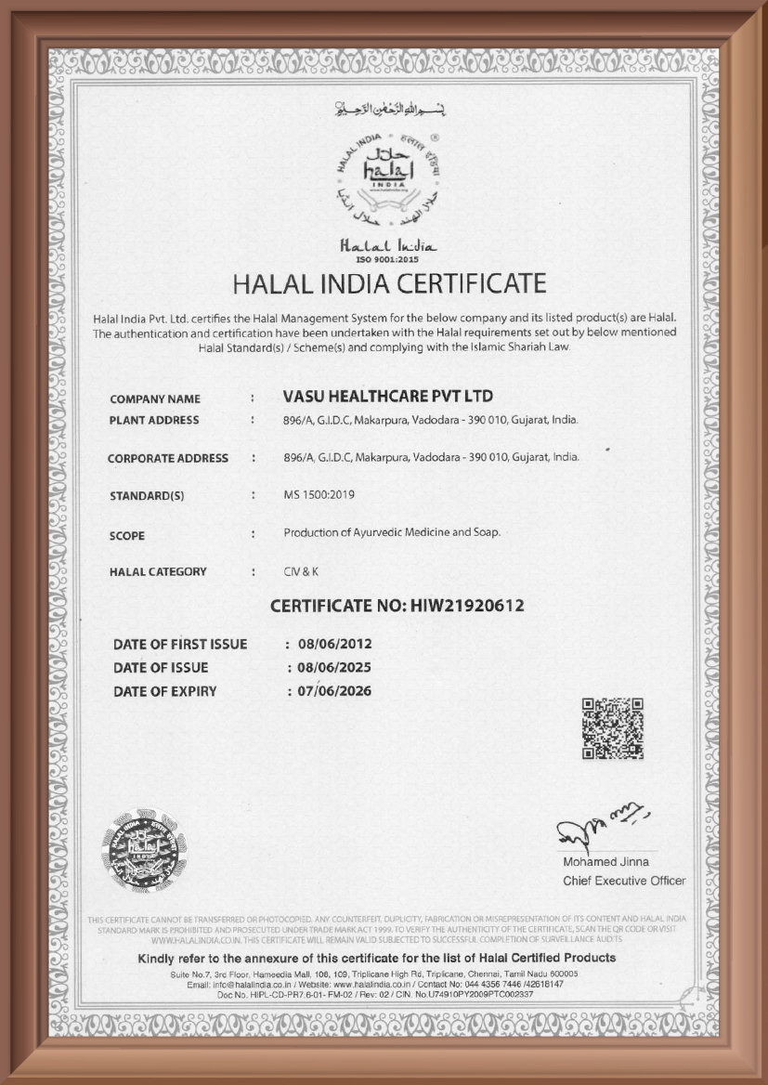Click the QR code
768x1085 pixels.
(x=612, y=727)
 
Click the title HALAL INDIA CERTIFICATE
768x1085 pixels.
(x=389, y=282)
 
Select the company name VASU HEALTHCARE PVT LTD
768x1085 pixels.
(x=387, y=397)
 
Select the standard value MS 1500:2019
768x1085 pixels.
(x=319, y=494)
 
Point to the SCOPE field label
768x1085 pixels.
(x=127, y=536)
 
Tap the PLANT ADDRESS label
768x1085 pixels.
(x=154, y=420)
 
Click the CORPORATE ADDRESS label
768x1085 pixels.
(x=168, y=458)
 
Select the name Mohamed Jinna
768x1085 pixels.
(x=606, y=862)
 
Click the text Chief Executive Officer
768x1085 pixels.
(x=624, y=881)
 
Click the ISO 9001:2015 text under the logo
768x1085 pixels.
(x=384, y=258)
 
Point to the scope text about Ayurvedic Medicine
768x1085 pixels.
(x=392, y=533)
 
